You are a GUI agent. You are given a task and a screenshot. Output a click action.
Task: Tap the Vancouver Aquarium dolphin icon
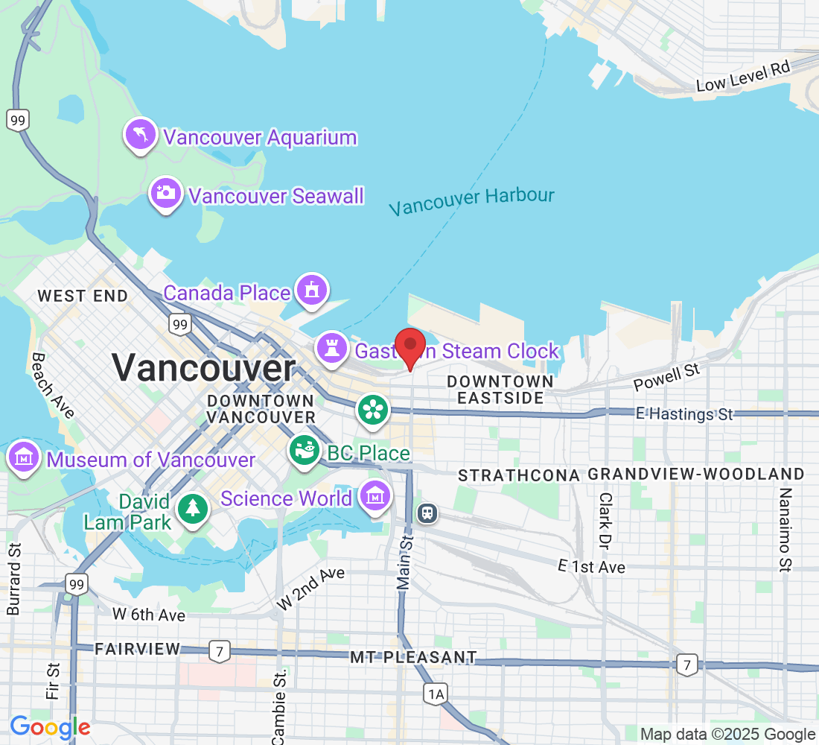[141, 135]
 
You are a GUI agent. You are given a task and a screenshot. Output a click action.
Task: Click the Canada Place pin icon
[311, 291]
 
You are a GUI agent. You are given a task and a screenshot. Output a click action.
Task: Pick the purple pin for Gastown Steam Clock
[332, 347]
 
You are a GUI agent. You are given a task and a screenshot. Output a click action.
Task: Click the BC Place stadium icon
[304, 451]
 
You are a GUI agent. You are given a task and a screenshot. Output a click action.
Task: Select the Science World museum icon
[375, 495]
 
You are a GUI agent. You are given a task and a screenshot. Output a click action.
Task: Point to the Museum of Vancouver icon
[24, 457]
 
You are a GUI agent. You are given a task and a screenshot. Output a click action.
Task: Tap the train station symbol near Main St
[427, 513]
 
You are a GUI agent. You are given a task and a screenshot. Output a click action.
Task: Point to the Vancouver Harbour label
[471, 201]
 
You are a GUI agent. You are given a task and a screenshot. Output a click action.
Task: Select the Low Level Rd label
[742, 77]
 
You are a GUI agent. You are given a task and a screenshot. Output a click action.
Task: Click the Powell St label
[667, 378]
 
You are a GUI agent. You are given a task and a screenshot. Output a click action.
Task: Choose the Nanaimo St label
[784, 530]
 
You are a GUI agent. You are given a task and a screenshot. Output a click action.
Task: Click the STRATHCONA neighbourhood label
[518, 475]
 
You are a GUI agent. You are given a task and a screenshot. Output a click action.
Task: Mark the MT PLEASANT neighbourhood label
[413, 657]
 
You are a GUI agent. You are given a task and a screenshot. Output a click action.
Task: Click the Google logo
[50, 727]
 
